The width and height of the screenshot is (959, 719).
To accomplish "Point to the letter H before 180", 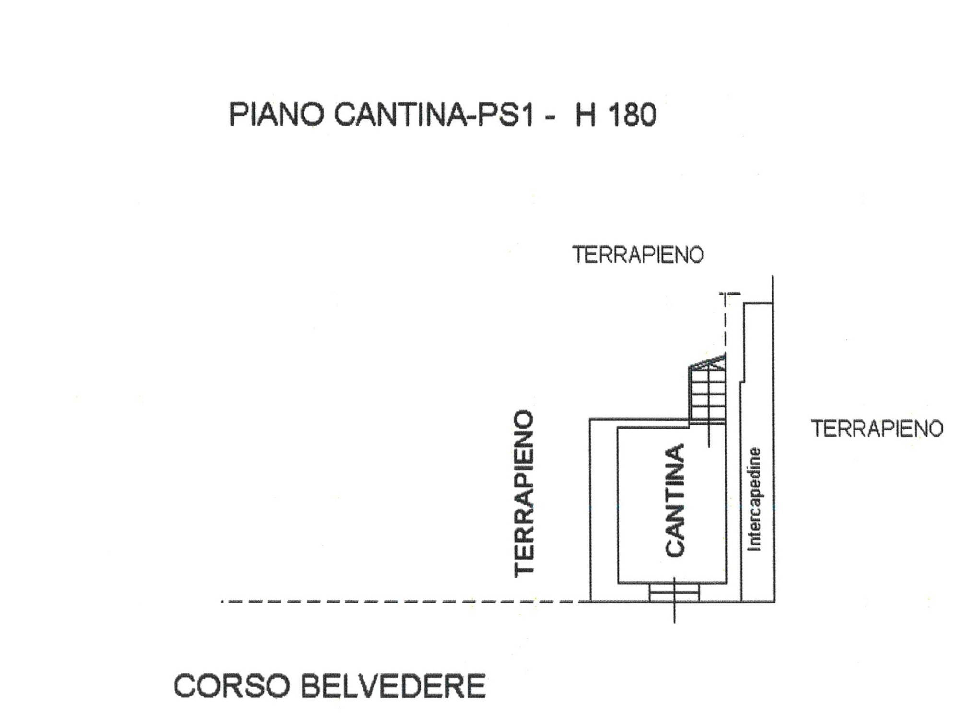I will (585, 115).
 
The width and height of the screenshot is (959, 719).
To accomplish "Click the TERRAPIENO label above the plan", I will (638, 255).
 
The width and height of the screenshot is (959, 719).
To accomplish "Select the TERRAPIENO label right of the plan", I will (877, 429).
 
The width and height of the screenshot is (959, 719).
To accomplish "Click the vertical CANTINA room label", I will (675, 501).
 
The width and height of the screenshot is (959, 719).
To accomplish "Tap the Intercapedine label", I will (754, 499).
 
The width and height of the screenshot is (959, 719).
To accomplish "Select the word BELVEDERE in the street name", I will (393, 686).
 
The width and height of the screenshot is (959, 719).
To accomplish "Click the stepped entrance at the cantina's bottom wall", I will (674, 592).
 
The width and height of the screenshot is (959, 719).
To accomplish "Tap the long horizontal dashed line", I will (398, 601).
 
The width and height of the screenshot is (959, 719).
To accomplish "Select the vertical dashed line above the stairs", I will (725, 326).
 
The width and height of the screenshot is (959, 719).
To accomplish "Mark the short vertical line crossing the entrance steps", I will (675, 611).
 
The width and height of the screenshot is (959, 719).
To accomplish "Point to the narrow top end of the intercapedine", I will (758, 307).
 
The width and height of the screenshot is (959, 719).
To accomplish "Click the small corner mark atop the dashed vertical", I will (729, 293).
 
